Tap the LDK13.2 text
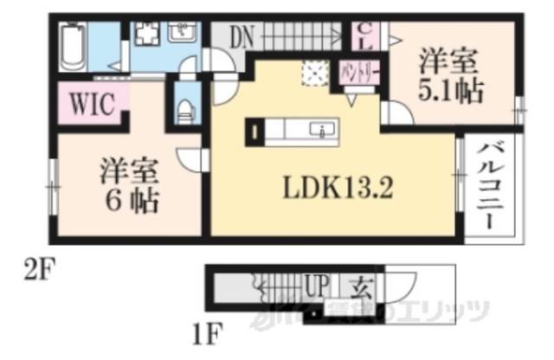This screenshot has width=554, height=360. pyautogui.click(x=334, y=186)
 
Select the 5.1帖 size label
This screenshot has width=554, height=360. pyautogui.click(x=451, y=89)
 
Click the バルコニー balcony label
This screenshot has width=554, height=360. pyautogui.click(x=489, y=187)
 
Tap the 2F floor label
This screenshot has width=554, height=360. pyautogui.click(x=36, y=270)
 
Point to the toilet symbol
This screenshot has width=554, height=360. pyautogui.click(x=184, y=107)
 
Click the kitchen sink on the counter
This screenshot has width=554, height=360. pyautogui.click(x=321, y=131)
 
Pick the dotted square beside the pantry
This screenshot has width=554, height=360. pyautogui.click(x=313, y=73)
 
